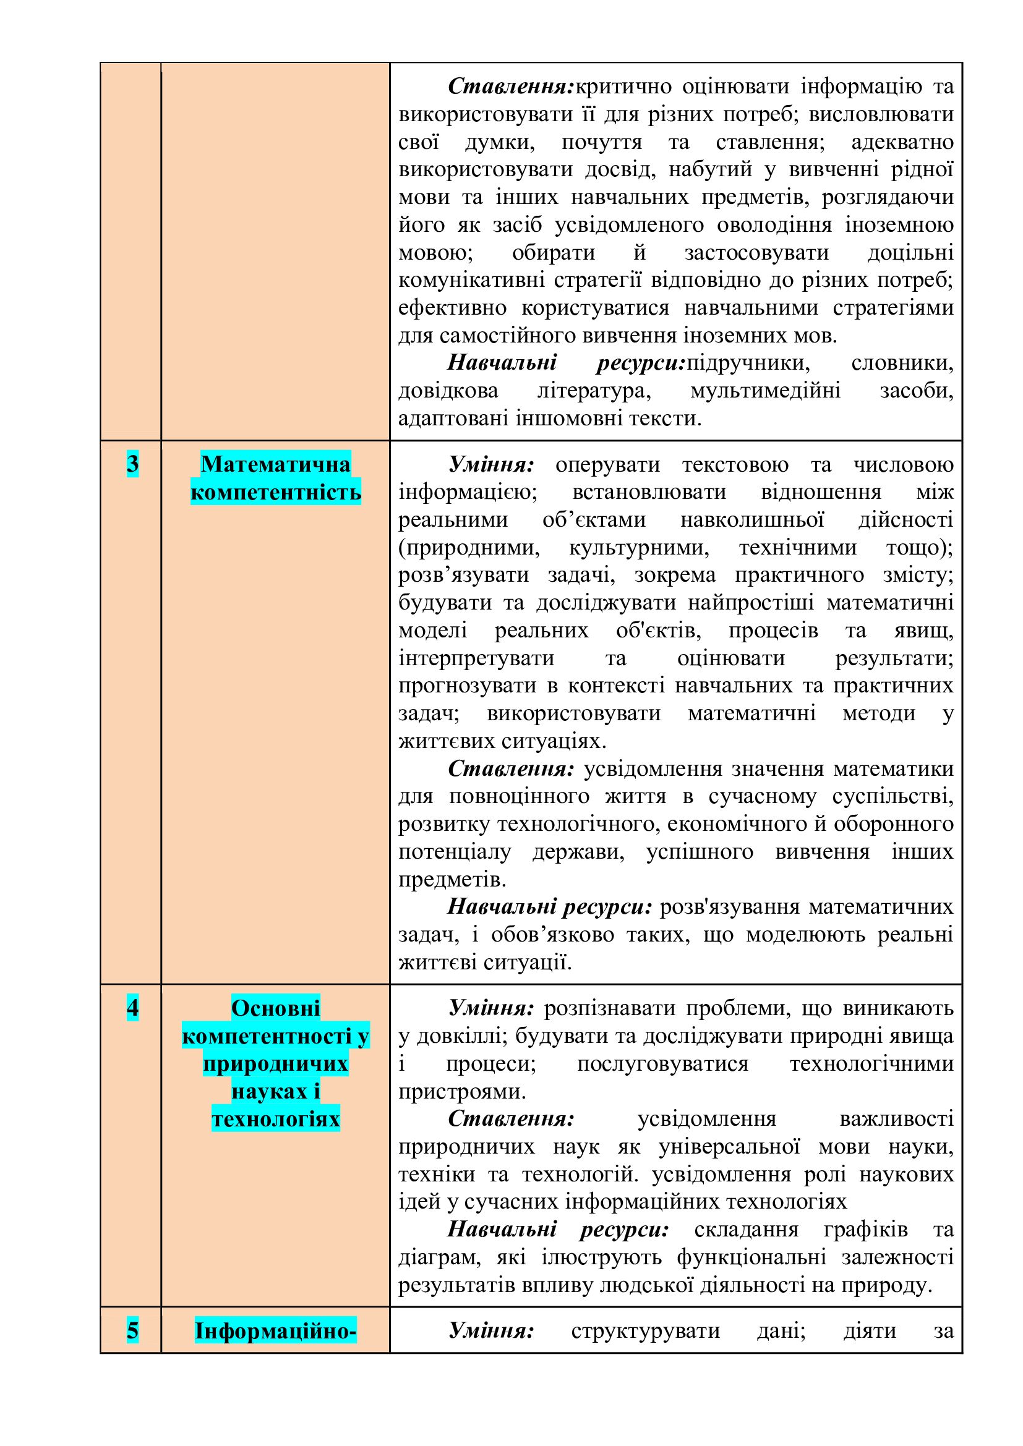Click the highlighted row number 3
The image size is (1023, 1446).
tap(132, 464)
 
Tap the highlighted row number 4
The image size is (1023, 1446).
tap(132, 1008)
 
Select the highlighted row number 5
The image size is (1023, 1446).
tap(132, 1331)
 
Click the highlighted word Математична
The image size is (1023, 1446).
tap(275, 464)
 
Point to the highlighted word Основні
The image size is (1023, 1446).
tap(275, 1008)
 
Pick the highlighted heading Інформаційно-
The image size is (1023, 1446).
tap(275, 1331)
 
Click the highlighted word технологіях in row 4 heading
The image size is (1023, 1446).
tap(275, 1119)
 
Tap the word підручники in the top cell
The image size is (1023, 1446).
tap(748, 363)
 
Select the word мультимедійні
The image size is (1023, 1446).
tap(764, 391)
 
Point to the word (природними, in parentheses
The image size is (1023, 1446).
tap(469, 547)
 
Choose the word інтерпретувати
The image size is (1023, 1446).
tap(476, 658)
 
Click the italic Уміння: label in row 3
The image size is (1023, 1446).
tap(491, 465)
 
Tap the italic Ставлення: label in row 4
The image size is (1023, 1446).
tap(511, 1119)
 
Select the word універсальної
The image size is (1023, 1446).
tap(729, 1147)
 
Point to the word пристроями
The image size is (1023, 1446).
tap(462, 1091)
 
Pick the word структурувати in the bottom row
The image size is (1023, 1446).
tap(645, 1331)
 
